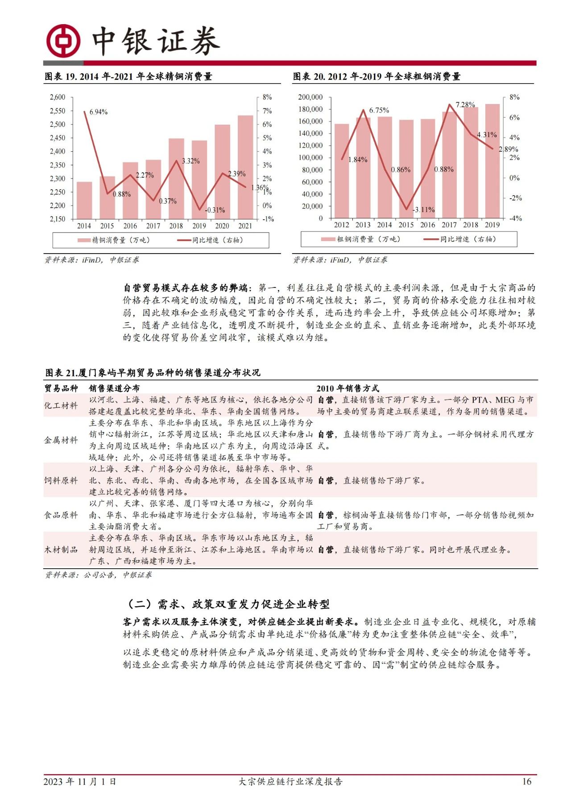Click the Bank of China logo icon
pos(64,41)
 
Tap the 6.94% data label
pos(99,112)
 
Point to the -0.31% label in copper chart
pos(215,210)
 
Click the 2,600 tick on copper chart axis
pos(58,97)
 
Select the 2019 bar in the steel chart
pos(492,161)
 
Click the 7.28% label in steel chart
pos(465,105)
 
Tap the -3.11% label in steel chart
pos(423,210)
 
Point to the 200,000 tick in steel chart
pos(310,97)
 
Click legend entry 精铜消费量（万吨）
pos(114,240)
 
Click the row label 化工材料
pos(61,406)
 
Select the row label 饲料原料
pos(61,481)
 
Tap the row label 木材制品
pos(61,550)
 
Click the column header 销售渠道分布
pos(114,388)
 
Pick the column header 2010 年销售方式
pos(348,388)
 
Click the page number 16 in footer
pos(527,782)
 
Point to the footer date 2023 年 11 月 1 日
pos(80,782)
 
